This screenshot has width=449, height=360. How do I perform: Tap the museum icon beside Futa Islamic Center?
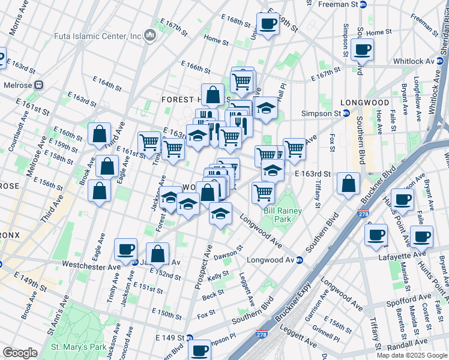click(150, 36)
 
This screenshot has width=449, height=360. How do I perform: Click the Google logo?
click(20, 353)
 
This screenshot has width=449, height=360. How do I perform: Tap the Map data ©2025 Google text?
click(412, 355)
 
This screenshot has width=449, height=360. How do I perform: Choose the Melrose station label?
click(18, 85)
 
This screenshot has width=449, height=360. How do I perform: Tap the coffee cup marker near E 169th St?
click(268, 24)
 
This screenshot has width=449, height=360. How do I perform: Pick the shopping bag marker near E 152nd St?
click(157, 254)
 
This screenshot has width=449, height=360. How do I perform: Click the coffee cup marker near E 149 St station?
click(199, 349)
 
